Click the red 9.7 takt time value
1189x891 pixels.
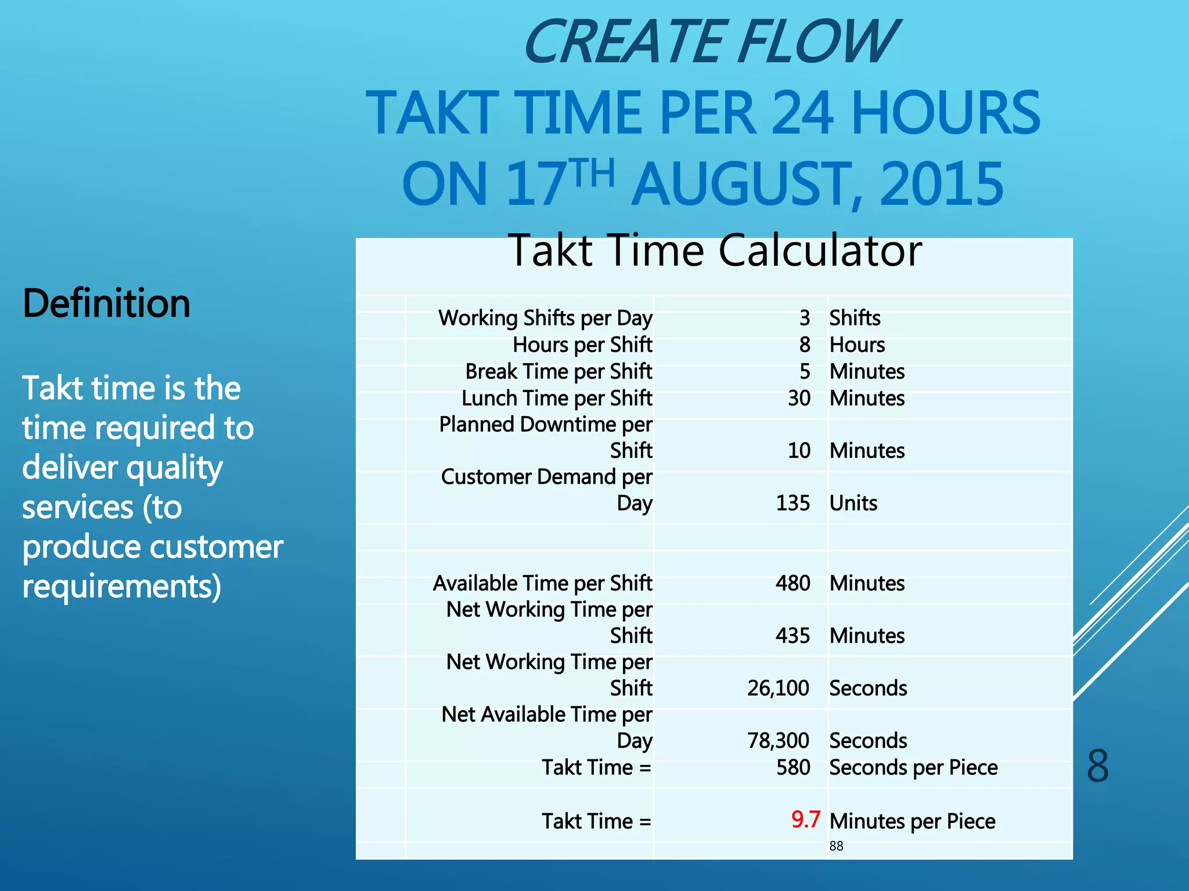pyautogui.click(x=805, y=819)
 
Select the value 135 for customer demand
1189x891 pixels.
pyautogui.click(x=792, y=503)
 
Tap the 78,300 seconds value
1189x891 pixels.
pyautogui.click(x=778, y=741)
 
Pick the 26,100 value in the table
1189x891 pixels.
pyautogui.click(x=778, y=688)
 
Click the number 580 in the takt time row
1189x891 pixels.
pyautogui.click(x=793, y=767)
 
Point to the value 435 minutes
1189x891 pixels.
pyautogui.click(x=792, y=636)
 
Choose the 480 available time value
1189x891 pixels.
pyautogui.click(x=792, y=583)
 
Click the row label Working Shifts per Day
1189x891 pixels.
pyautogui.click(x=545, y=318)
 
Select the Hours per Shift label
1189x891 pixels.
pyautogui.click(x=582, y=345)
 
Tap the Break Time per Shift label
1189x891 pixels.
pyautogui.click(x=559, y=371)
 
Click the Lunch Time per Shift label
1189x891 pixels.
pyautogui.click(x=557, y=399)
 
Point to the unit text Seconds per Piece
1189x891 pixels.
pyautogui.click(x=913, y=767)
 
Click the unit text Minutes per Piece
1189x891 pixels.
pyautogui.click(x=912, y=821)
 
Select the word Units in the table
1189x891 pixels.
pyautogui.click(x=853, y=503)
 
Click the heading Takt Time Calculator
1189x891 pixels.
pyautogui.click(x=715, y=251)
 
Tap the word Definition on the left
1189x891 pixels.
pyautogui.click(x=106, y=303)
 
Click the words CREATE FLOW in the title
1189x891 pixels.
pyautogui.click(x=710, y=42)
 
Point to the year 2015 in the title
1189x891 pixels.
pyautogui.click(x=941, y=184)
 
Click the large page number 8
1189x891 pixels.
pyautogui.click(x=1097, y=766)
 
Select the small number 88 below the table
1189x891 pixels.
pyautogui.click(x=836, y=846)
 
